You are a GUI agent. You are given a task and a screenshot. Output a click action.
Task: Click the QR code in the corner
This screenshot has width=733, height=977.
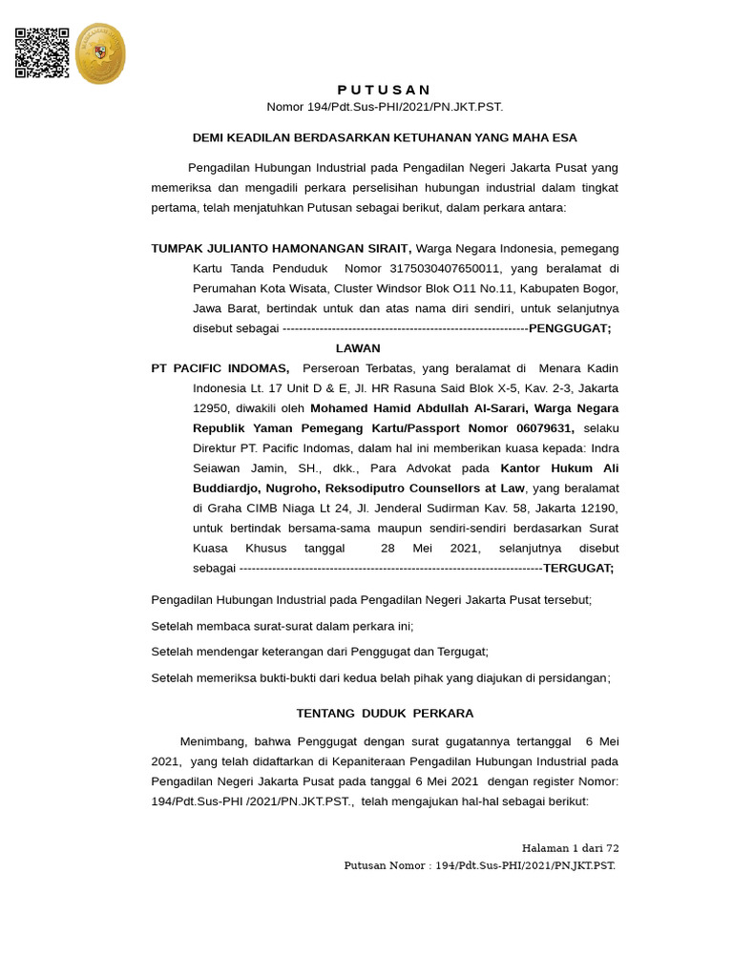click(42, 52)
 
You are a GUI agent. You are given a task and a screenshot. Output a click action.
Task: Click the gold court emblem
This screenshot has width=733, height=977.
click(100, 53)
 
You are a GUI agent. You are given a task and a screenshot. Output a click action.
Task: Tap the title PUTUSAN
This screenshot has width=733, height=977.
click(384, 90)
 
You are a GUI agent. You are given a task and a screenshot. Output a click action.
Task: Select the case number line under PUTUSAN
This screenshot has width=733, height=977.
click(384, 107)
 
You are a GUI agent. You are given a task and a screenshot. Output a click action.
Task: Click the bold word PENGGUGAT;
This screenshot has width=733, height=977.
click(570, 328)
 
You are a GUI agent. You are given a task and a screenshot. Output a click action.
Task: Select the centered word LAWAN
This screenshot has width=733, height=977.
click(358, 348)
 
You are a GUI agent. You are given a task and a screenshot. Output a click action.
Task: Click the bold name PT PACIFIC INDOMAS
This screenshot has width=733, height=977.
click(220, 368)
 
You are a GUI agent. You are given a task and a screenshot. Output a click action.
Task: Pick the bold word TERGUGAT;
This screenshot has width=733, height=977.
click(578, 568)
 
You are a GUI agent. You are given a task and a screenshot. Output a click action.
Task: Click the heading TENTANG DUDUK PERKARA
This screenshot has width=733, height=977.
click(385, 713)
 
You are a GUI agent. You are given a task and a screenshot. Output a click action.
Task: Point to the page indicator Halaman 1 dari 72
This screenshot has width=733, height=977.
click(570, 848)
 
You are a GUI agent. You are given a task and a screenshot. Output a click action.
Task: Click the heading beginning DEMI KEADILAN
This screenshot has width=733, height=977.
click(385, 137)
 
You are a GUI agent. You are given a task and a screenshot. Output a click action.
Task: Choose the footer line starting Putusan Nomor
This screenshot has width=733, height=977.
click(479, 865)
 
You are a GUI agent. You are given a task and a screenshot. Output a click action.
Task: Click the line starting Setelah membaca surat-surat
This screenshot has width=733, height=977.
click(283, 626)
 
